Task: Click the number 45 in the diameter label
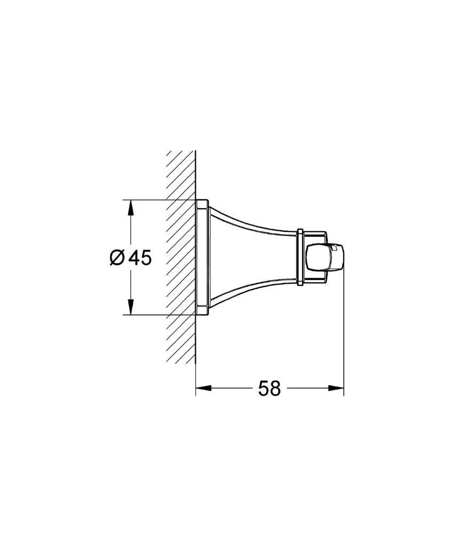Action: click(140, 258)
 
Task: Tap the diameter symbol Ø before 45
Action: click(117, 258)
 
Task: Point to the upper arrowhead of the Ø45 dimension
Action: click(130, 208)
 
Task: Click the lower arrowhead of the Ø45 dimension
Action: click(130, 306)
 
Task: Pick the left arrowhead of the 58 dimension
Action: click(204, 388)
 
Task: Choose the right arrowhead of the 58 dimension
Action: click(335, 388)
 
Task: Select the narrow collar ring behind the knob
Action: click(300, 257)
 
